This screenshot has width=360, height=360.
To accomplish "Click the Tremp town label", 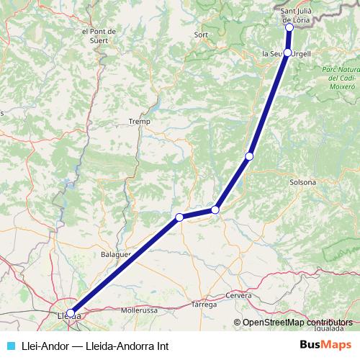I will pyautogui.click(x=138, y=122).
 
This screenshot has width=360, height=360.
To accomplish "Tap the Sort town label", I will pyautogui.click(x=202, y=35).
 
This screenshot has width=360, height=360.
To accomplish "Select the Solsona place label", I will pyautogui.click(x=302, y=182).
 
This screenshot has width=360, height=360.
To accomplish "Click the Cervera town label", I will pyautogui.click(x=238, y=296).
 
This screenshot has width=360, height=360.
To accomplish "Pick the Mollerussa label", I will pyautogui.click(x=140, y=310).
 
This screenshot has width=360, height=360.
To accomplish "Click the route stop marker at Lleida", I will pyautogui.click(x=70, y=313).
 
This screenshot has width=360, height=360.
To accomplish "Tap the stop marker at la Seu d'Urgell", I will pyautogui.click(x=288, y=53).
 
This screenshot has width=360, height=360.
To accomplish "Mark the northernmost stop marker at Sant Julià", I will pyautogui.click(x=289, y=27).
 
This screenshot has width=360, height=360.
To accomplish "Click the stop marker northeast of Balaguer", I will pyautogui.click(x=179, y=217).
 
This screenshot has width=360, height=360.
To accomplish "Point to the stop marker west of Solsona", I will pyautogui.click(x=249, y=156).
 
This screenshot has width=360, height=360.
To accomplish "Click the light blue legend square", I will pyautogui.click(x=9, y=345).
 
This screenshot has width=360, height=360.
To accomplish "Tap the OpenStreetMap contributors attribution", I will pyautogui.click(x=297, y=322).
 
